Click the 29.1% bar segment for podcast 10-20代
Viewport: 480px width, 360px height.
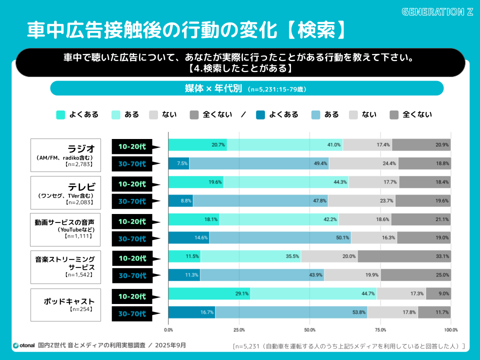(209, 293)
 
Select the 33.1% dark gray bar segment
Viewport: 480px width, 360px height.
(404, 256)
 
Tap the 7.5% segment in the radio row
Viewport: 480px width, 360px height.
(178, 163)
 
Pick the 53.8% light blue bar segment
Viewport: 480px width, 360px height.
(291, 312)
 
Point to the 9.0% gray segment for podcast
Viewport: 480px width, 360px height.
(438, 293)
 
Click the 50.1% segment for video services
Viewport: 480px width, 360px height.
(280, 238)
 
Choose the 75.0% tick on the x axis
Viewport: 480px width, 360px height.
(380, 330)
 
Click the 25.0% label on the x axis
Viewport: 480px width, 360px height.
(239, 330)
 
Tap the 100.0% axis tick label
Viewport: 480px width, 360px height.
(450, 330)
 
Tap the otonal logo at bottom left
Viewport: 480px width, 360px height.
(24, 345)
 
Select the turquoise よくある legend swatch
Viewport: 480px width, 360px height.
(61, 114)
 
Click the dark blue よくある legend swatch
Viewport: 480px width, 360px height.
(260, 114)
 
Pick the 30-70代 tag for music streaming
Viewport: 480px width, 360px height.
(132, 275)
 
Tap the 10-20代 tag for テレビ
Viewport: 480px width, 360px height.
(132, 183)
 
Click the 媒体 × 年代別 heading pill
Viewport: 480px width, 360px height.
(247, 88)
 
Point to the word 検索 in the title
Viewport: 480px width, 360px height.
(315, 30)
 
